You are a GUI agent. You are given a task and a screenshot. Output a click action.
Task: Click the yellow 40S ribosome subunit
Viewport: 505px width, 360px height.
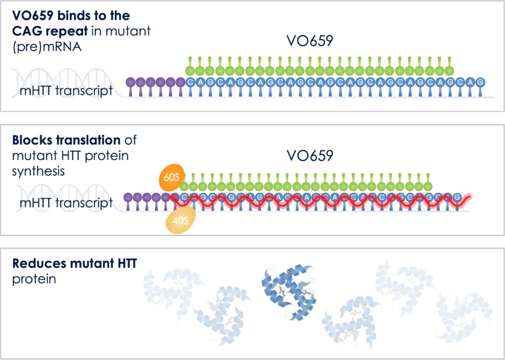pos(180,220)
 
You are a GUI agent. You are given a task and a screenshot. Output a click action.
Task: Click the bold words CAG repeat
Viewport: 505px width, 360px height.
pos(50,31)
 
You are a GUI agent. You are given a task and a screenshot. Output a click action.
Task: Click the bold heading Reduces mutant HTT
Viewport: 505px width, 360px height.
pos(75,264)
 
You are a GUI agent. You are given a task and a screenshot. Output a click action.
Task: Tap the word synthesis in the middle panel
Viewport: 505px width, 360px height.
pos(38,171)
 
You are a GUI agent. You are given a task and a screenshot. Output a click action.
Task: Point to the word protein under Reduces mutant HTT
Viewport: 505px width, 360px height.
pos(34,279)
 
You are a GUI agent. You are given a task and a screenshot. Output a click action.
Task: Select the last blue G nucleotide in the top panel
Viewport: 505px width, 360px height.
pos(480,82)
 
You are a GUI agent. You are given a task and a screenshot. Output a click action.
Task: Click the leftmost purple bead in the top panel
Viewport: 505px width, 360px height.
pos(131,82)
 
